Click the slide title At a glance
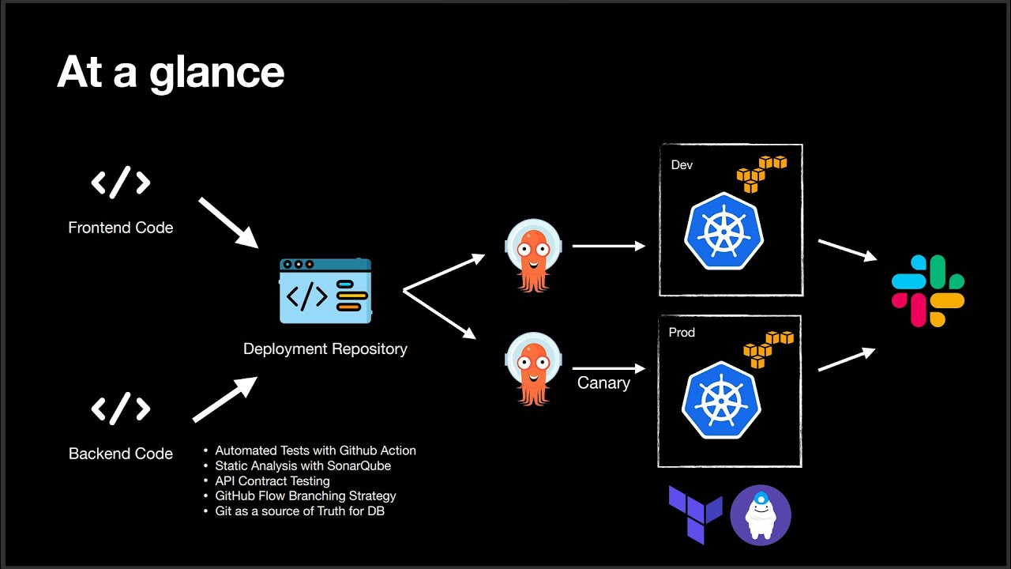(x=171, y=73)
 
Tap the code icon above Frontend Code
(x=120, y=183)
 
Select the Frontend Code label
(x=120, y=228)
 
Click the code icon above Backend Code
(x=120, y=409)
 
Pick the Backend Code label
(x=120, y=454)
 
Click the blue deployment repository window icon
(x=325, y=291)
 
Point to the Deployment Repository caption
(x=325, y=349)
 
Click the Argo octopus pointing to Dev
(x=533, y=254)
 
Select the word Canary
(x=603, y=383)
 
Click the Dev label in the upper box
(x=682, y=165)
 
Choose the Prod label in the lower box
(x=682, y=333)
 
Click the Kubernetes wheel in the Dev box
(x=723, y=232)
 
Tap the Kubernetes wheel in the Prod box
(x=721, y=400)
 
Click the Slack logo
(x=928, y=291)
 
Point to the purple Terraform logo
(x=695, y=514)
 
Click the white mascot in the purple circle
(x=761, y=515)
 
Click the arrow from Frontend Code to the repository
(x=228, y=223)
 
